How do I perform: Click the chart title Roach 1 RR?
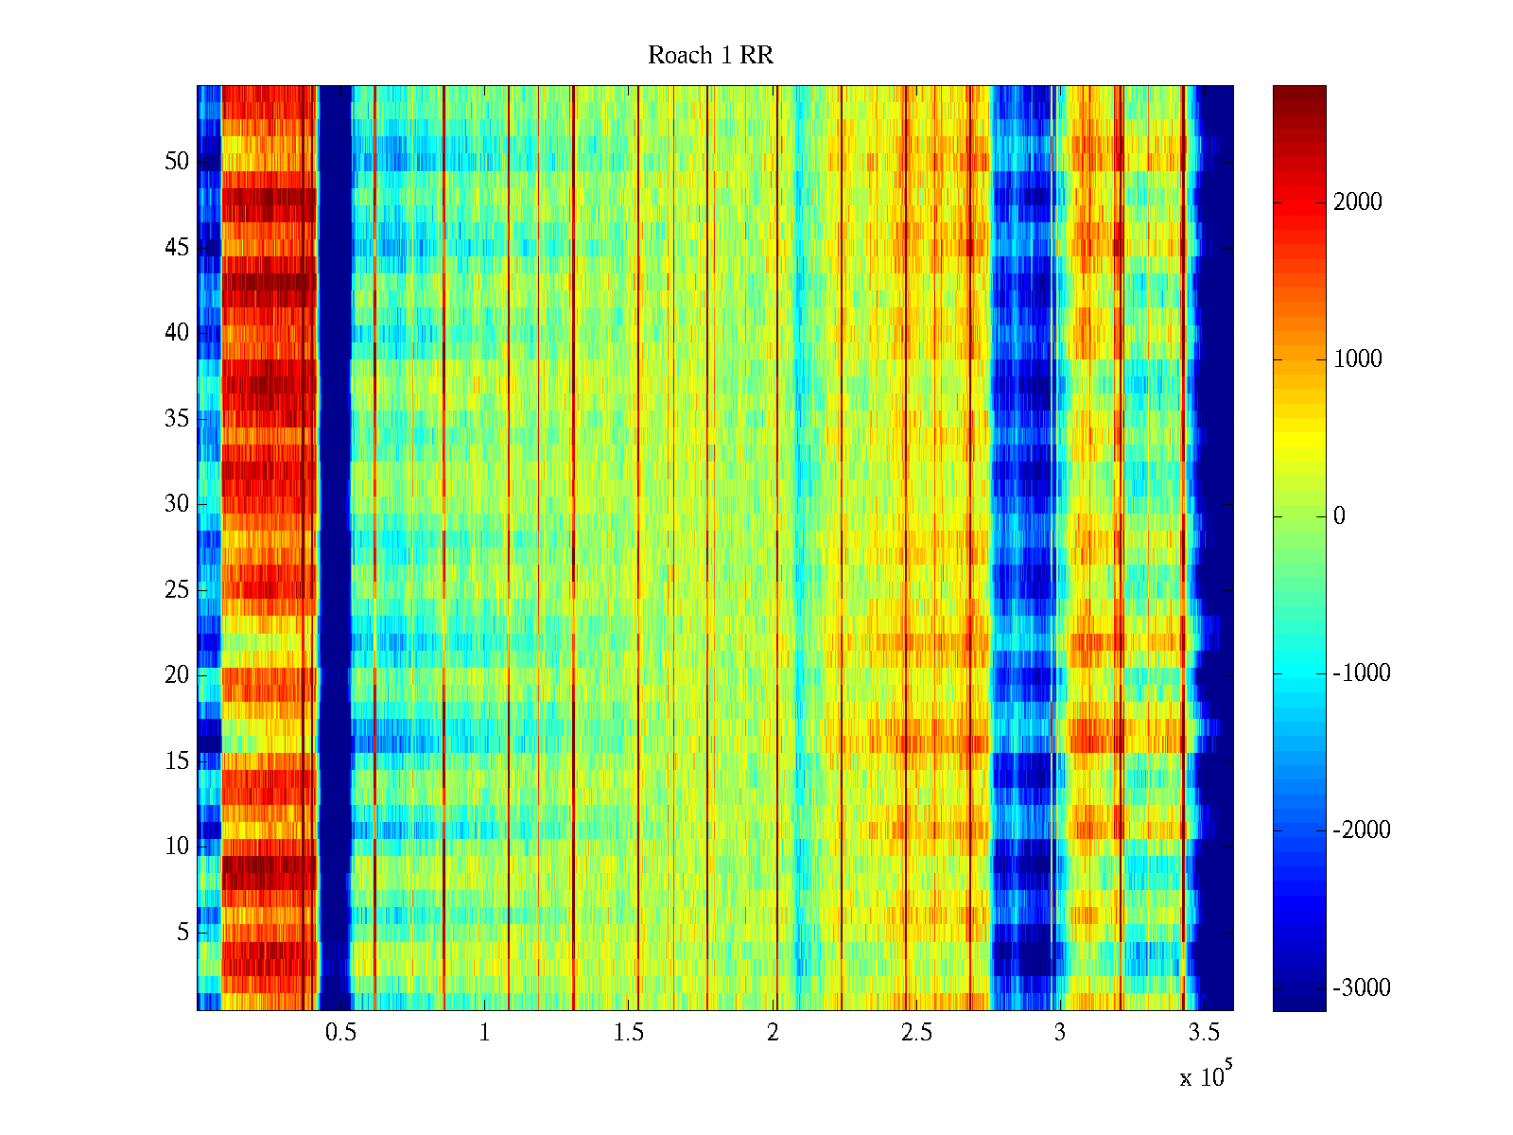coord(710,56)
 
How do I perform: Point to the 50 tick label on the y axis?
coord(177,162)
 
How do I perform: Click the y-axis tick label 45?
coord(177,248)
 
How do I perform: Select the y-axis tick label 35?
coord(177,419)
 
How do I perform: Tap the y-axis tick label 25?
coord(177,590)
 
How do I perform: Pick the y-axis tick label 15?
coord(177,761)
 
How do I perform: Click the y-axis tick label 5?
coord(183,933)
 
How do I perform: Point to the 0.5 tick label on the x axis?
coord(340,1033)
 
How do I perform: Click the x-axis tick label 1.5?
coord(629,1033)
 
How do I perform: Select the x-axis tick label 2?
coord(773,1033)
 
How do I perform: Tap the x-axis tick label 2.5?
coord(916,1033)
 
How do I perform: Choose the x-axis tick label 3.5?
coord(1204,1033)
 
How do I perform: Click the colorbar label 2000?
coord(1358,202)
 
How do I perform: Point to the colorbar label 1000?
coord(1358,359)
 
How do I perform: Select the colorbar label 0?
coord(1339,516)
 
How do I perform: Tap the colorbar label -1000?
coord(1362,673)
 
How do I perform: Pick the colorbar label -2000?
coord(1362,830)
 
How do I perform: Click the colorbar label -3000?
coord(1362,988)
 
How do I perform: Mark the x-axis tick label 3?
coord(1060,1033)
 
